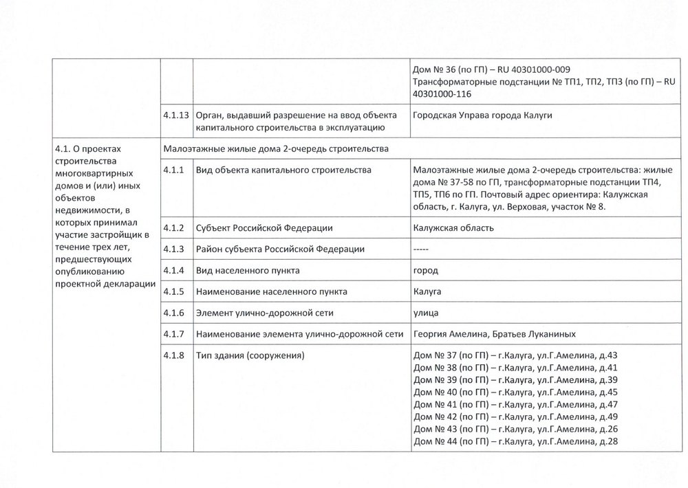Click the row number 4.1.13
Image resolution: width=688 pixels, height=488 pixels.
[176, 115]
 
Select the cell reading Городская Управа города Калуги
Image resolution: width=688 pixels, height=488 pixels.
[482, 115]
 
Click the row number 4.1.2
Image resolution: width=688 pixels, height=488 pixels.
[173, 228]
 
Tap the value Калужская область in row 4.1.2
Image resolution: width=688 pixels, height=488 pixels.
[453, 228]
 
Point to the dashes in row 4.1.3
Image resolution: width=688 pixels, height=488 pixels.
[422, 249]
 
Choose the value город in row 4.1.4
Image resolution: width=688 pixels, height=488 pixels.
[425, 270]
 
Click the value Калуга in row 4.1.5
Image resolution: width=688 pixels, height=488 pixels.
[427, 291]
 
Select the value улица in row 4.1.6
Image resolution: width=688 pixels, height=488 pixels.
[426, 313]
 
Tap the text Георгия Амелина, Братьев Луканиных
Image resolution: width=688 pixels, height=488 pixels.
[493, 334]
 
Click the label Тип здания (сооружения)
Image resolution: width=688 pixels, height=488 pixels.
[250, 355]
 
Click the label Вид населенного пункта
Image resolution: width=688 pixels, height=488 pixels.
[248, 270]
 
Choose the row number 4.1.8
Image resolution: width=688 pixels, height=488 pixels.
[173, 355]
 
